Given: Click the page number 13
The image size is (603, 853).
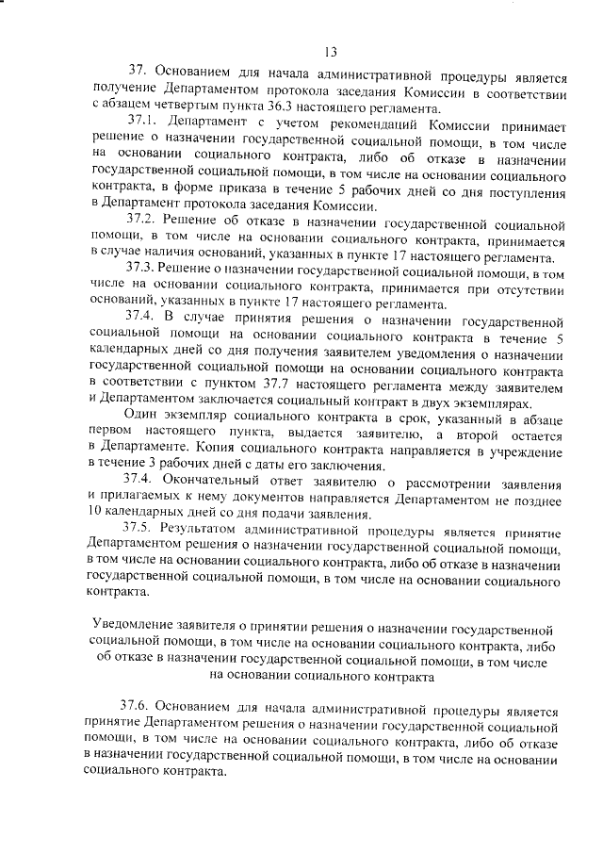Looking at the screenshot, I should click(x=329, y=51).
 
